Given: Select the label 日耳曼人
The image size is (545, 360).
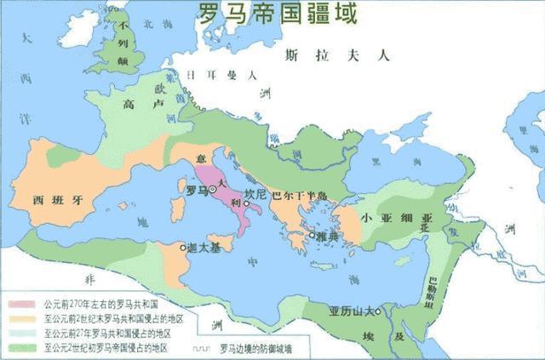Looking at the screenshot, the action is pos(222,74).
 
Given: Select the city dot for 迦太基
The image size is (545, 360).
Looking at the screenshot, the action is pos(182,247).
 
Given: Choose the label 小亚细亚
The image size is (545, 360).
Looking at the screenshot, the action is pos(397,216).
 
